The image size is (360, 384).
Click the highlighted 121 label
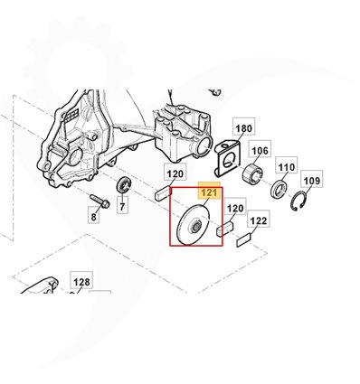tap(209, 192)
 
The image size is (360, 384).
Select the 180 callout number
tap(243, 128)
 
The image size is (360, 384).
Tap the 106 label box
tap(260, 150)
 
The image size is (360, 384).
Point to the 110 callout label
tap(287, 166)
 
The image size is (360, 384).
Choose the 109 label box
tap(312, 181)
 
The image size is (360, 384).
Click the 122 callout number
tap(259, 220)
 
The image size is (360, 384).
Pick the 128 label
tap(81, 282)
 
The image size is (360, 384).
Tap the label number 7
tap(122, 206)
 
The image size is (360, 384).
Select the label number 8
tap(93, 216)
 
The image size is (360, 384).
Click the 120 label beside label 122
tap(235, 208)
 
